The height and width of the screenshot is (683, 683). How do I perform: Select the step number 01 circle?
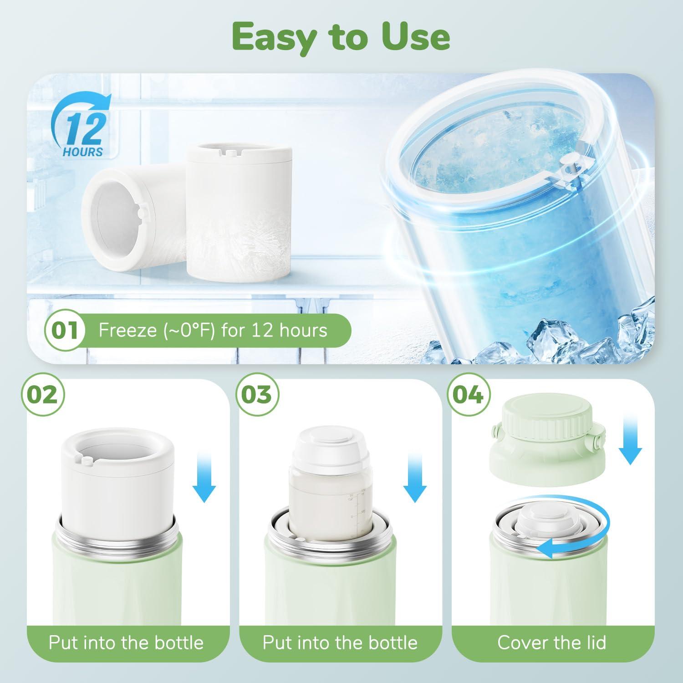tap(65, 330)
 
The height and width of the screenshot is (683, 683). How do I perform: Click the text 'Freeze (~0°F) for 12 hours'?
tap(213, 330)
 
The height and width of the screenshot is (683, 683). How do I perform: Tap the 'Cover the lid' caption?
tap(552, 642)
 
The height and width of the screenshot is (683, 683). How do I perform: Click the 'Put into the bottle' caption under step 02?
tap(126, 642)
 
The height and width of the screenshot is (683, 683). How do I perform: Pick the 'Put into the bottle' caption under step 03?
tap(340, 642)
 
